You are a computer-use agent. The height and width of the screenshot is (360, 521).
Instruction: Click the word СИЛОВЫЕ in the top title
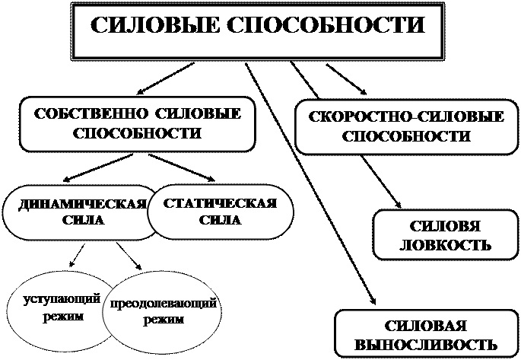click(x=155, y=27)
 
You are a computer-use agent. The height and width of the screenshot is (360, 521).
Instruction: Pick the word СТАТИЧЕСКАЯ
click(x=221, y=204)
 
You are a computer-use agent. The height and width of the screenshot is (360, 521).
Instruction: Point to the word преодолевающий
click(x=164, y=304)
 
